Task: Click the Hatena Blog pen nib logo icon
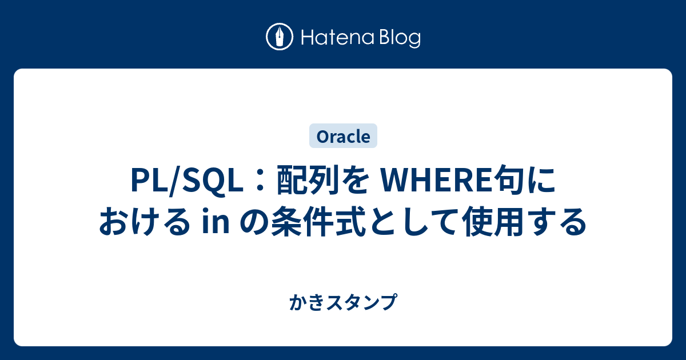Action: coord(280,37)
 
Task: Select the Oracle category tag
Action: coord(343,136)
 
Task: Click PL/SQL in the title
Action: coord(187,181)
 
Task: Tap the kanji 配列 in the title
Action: coord(307,181)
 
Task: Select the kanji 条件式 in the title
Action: coord(318,222)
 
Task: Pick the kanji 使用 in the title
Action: coord(494,222)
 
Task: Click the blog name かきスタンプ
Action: coord(343,302)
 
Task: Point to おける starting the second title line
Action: coord(144,222)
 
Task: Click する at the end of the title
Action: coord(556,222)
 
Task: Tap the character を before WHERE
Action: coord(353,181)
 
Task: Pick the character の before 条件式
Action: coord(254,222)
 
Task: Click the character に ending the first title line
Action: coord(541,181)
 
